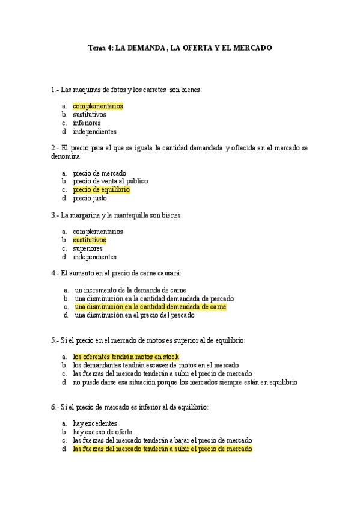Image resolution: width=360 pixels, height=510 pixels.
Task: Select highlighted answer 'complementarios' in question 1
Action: (98, 106)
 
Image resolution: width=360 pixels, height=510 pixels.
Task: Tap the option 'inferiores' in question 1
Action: (87, 123)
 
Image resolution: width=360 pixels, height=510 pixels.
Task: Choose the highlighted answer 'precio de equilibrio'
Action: (101, 189)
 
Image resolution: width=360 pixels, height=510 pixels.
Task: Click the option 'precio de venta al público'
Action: (110, 181)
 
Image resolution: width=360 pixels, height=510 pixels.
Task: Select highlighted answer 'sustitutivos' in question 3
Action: (90, 239)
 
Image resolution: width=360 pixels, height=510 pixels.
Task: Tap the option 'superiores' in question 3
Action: (88, 248)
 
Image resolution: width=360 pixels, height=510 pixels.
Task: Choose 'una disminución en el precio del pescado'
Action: (135, 315)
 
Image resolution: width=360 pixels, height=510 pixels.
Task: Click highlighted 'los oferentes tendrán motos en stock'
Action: (126, 357)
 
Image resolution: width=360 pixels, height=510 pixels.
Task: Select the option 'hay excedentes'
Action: (95, 423)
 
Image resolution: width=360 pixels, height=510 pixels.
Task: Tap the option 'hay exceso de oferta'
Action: (103, 431)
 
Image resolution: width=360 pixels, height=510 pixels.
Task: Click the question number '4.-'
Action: (55, 273)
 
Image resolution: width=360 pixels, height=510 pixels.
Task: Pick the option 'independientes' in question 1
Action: (94, 131)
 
